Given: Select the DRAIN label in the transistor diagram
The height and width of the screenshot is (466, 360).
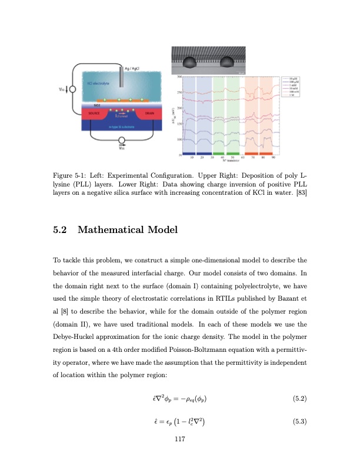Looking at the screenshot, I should pyautogui.click(x=149, y=113).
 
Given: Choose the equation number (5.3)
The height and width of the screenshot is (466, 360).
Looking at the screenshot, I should pyautogui.click(x=299, y=420).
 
